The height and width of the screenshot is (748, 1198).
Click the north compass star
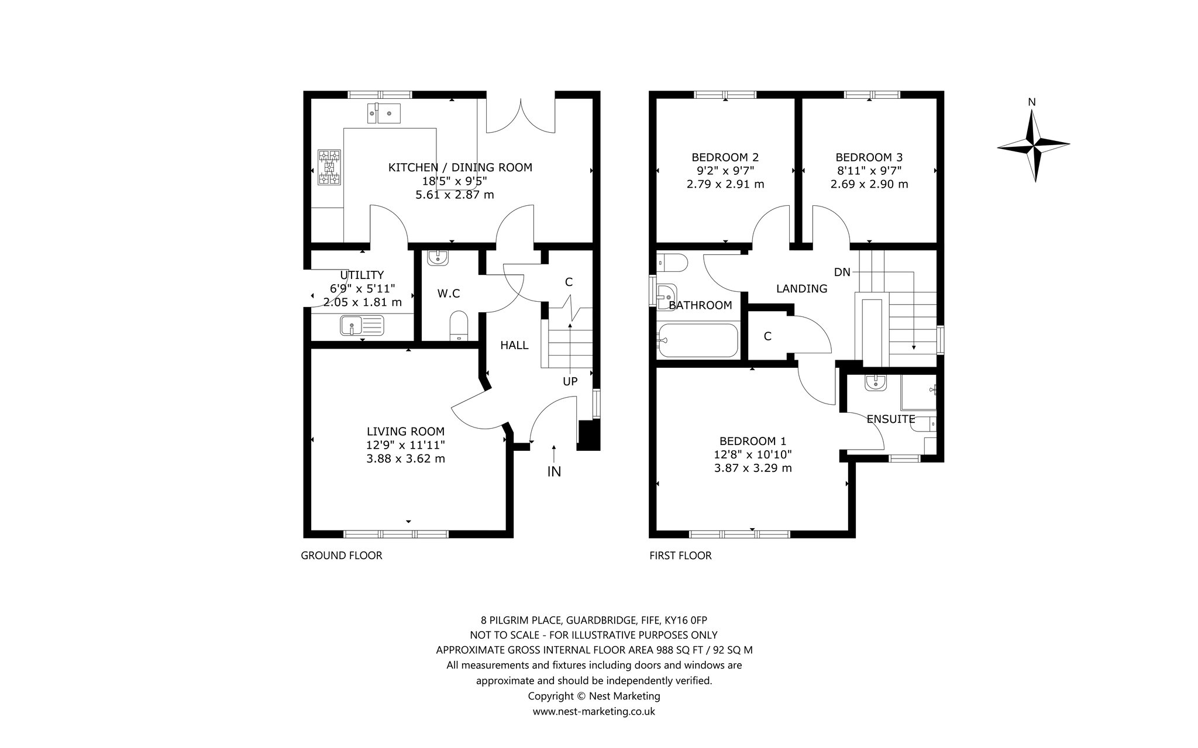pos(1034,144)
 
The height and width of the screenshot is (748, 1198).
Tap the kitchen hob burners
pos(329,167)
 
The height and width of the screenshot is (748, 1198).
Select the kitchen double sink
pos(383,113)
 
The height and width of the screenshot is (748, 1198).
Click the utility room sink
pos(362,325)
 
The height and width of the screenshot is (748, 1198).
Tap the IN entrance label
pos(554,471)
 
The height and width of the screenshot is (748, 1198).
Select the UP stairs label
pos(570,381)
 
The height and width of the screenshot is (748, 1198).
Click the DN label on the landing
pos(842,272)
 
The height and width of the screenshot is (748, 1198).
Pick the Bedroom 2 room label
pos(725,157)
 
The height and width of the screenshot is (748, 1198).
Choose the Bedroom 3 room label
pos(869,157)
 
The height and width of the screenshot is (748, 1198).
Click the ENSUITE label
pos(891,419)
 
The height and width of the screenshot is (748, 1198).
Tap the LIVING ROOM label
pos(405,431)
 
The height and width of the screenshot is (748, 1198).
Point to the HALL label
pos(514,345)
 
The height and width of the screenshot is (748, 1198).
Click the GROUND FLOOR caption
pos(342,556)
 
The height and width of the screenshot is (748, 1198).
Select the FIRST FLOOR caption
pos(680,556)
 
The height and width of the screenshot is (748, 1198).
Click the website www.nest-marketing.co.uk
pos(594,712)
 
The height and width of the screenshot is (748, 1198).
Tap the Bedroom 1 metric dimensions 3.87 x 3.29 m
pos(753,468)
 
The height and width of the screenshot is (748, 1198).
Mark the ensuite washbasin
pos(876,382)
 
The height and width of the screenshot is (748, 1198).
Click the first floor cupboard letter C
pos(767,336)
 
